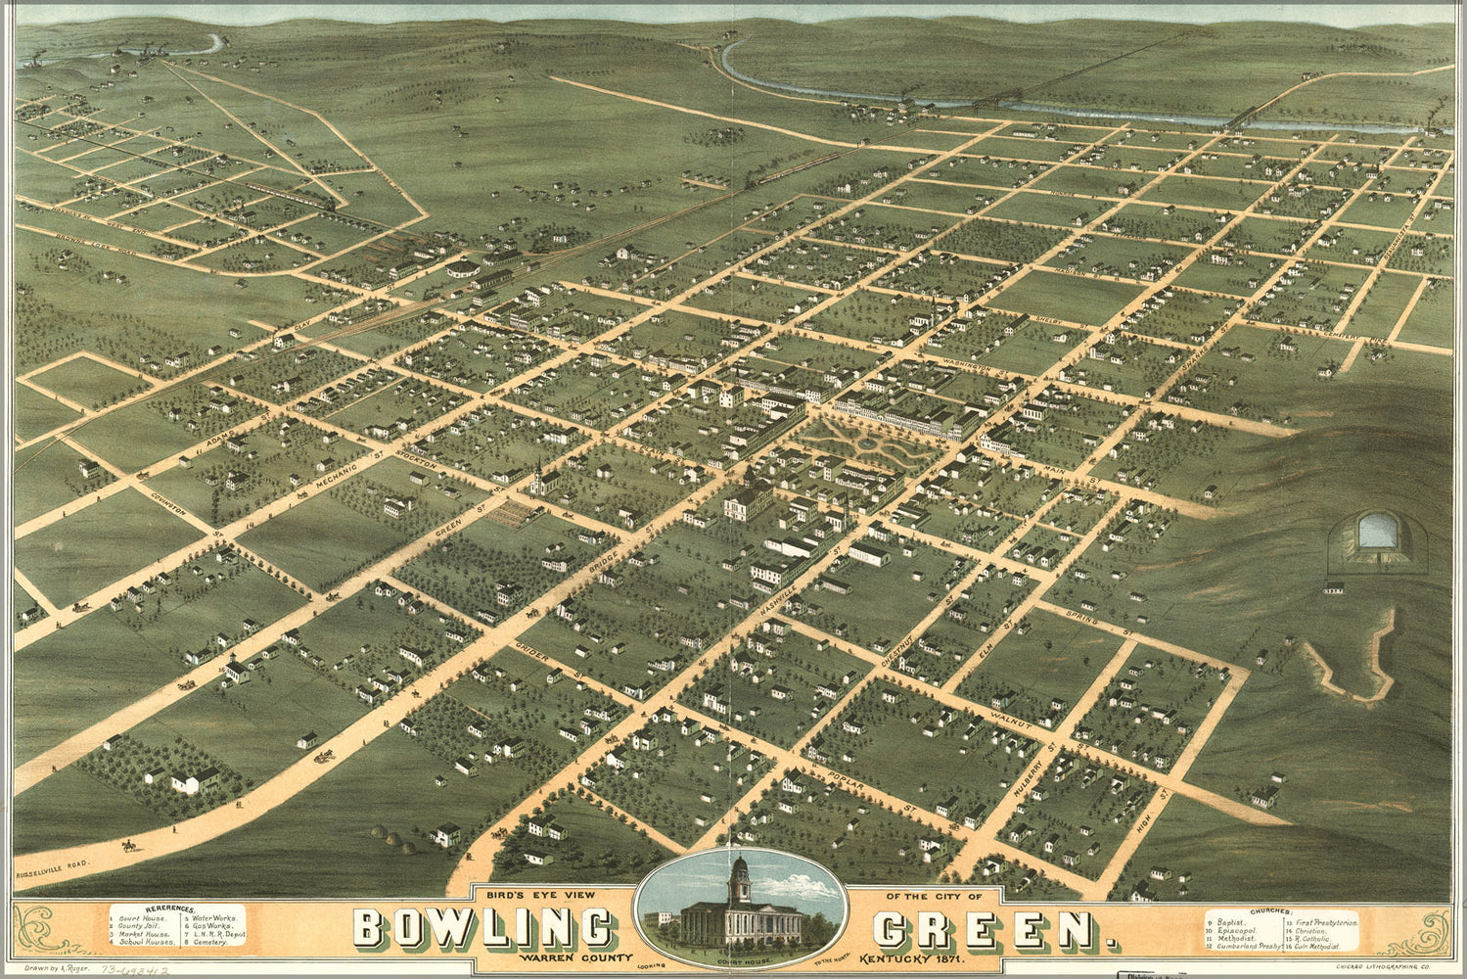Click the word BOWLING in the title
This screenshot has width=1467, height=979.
point(482,929)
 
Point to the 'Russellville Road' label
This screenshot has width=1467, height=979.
point(53,875)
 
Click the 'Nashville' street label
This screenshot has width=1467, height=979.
point(799,583)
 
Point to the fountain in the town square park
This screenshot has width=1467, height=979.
point(865,442)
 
